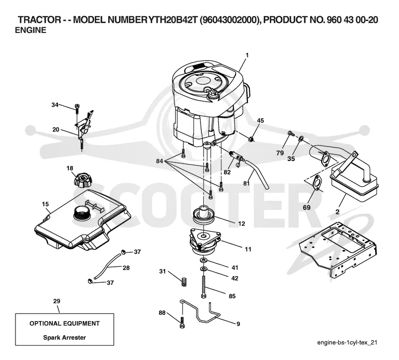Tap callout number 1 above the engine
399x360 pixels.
tap(247, 55)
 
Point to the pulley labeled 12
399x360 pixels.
tap(203, 216)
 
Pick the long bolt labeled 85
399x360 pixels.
tap(203, 287)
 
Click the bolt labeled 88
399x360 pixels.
tap(182, 322)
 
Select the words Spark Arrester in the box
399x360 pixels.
tap(64, 338)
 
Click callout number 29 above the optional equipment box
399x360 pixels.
tap(56, 301)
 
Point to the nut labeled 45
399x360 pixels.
tap(251, 139)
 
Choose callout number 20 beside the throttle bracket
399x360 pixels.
tap(56, 130)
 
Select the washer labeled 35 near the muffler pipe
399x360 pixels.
tap(301, 139)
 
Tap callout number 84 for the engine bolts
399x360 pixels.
tap(160, 161)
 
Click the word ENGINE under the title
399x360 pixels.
tap(30, 30)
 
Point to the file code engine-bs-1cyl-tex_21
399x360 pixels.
tap(347, 343)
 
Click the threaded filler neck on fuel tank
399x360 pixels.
tap(81, 213)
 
